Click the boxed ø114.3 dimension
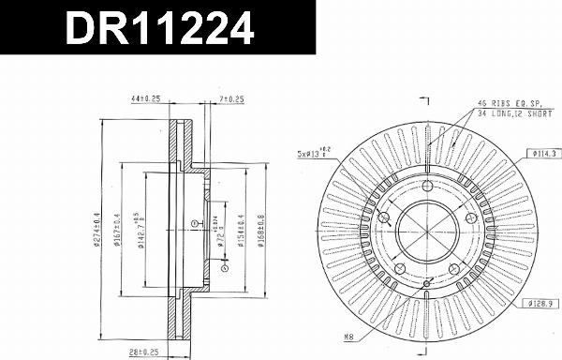pyautogui.click(x=542, y=153)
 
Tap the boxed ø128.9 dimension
pyautogui.click(x=542, y=304)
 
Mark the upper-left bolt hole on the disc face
pyautogui.click(x=384, y=217)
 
